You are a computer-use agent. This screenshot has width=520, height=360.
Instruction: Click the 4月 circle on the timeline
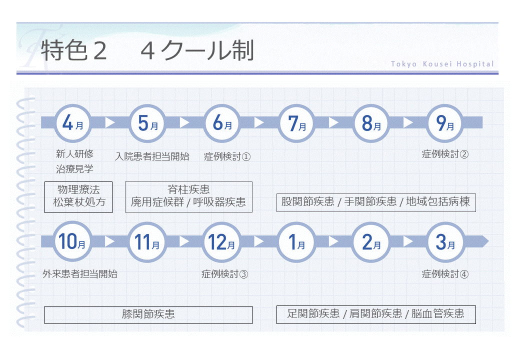pos(72,123)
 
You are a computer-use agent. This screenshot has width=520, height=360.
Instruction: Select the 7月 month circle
pos(296,123)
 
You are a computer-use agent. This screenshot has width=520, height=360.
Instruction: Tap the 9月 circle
pos(444,123)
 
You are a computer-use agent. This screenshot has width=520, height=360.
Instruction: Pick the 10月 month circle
pos(72,242)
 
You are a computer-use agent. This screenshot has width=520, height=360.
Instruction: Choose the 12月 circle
pos(221,242)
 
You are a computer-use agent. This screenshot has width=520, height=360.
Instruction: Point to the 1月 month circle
pos(296,242)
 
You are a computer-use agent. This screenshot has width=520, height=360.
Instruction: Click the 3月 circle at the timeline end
pos(444,242)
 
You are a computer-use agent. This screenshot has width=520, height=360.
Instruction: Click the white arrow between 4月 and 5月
pos(110,122)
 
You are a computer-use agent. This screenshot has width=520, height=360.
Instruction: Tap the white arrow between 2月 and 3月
pos(408,241)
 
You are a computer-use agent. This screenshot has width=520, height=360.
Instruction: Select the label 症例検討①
pos(227,156)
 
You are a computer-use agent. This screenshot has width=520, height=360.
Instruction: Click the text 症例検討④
pos(445,274)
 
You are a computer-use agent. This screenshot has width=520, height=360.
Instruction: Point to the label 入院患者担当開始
pos(152,156)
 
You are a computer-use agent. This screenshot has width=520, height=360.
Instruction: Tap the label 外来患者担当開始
pos(80,274)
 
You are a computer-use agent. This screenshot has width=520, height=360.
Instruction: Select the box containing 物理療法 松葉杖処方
pos(78,197)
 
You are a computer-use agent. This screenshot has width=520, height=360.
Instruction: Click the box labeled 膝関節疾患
pos(148,314)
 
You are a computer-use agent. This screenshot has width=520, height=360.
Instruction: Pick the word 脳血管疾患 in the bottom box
pos(437,314)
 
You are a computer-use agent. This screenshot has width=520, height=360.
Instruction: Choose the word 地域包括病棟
pos(438,202)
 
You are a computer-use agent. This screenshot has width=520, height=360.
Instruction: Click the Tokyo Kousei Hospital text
pos(442,64)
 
